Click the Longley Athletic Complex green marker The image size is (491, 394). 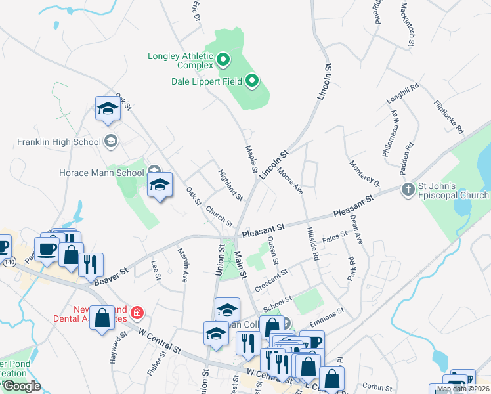click(223, 60)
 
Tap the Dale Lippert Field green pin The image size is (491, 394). click(252, 82)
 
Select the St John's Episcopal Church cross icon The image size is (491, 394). click(408, 190)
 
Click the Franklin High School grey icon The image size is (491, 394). click(111, 141)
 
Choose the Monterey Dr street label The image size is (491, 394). click(365, 174)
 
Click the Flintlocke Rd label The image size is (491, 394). click(449, 117)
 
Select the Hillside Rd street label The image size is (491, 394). click(311, 244)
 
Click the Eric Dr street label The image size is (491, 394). click(196, 11)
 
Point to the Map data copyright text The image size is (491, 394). click(462, 389)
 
